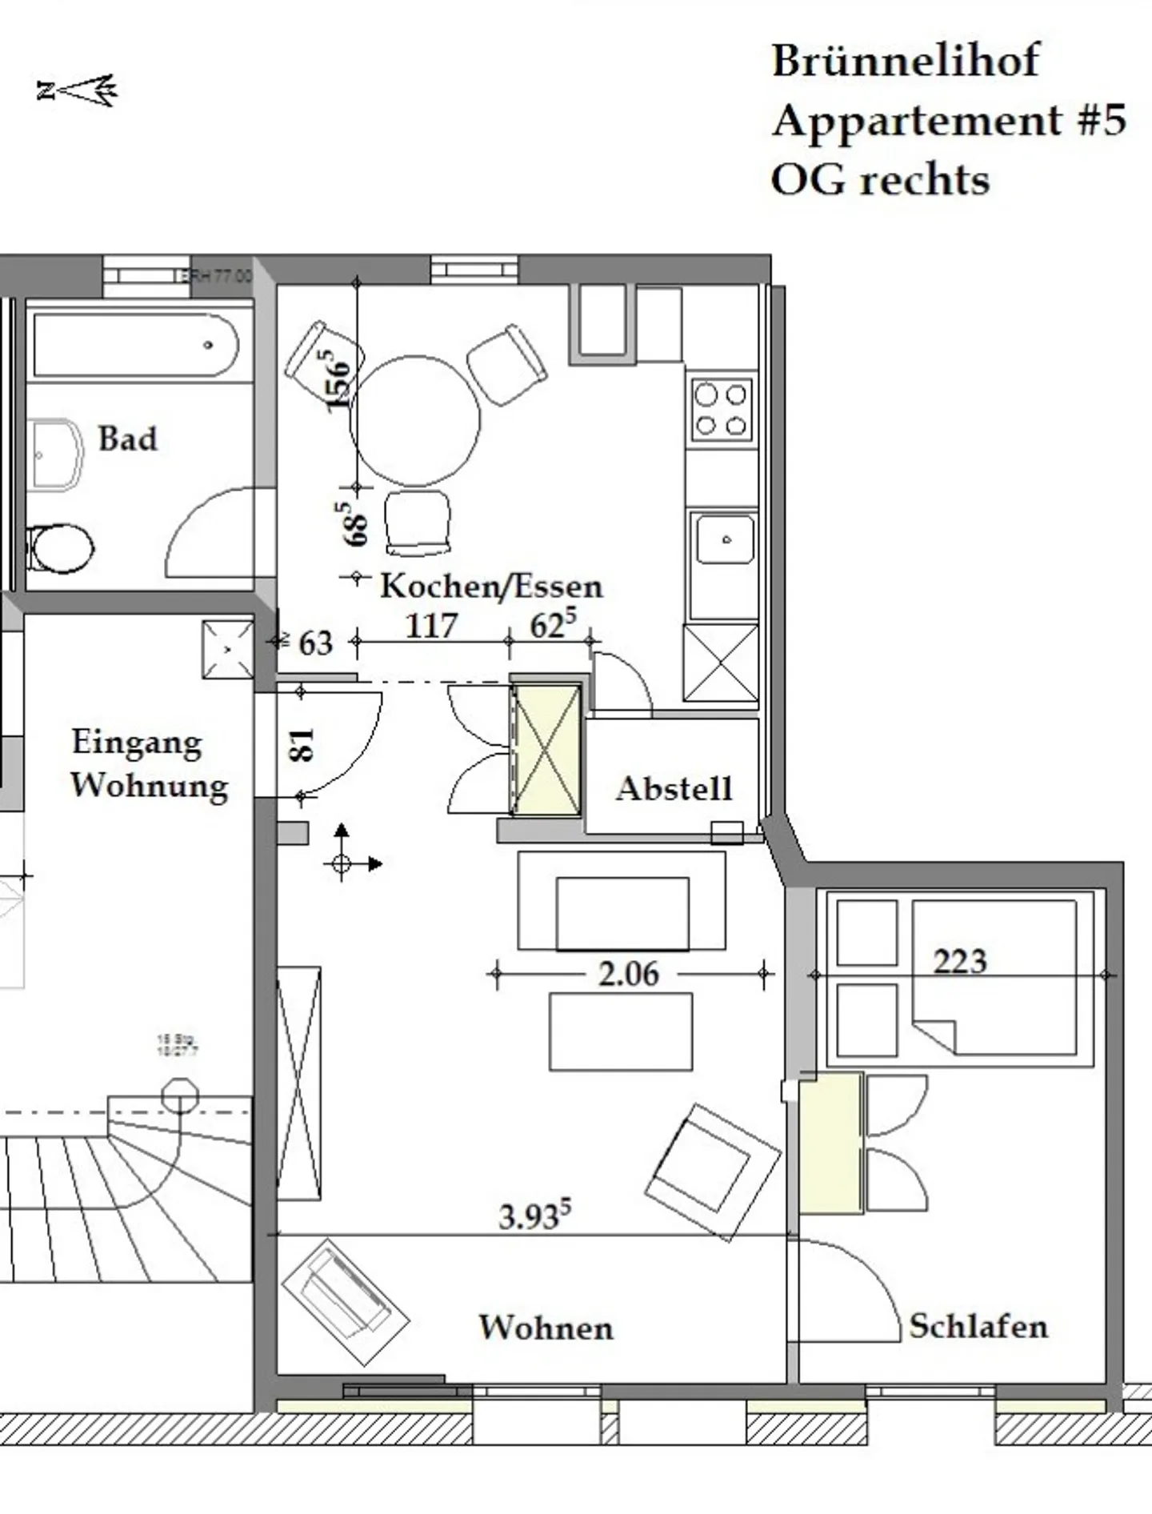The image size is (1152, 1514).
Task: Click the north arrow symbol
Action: [x=78, y=90]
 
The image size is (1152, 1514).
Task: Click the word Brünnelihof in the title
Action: [x=905, y=61]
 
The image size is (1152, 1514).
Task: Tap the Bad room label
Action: [x=127, y=439]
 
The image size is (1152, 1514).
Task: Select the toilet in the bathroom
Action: [x=59, y=549]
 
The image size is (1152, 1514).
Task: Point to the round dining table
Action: [x=415, y=421]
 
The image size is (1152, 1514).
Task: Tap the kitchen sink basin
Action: [x=724, y=540]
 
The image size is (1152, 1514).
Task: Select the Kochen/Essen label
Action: [x=490, y=587]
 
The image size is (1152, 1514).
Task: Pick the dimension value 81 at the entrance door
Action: [x=302, y=744]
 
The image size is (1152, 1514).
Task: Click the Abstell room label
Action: [x=674, y=789]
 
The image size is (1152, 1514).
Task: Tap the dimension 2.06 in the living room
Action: [x=629, y=974]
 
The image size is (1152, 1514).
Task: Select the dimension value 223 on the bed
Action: [x=960, y=961]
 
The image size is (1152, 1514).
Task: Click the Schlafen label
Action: [x=978, y=1327]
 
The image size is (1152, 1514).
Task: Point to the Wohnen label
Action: [x=546, y=1328]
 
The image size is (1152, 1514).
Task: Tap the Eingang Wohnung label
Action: [x=150, y=763]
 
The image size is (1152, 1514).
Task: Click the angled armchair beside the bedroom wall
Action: [x=712, y=1172]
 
